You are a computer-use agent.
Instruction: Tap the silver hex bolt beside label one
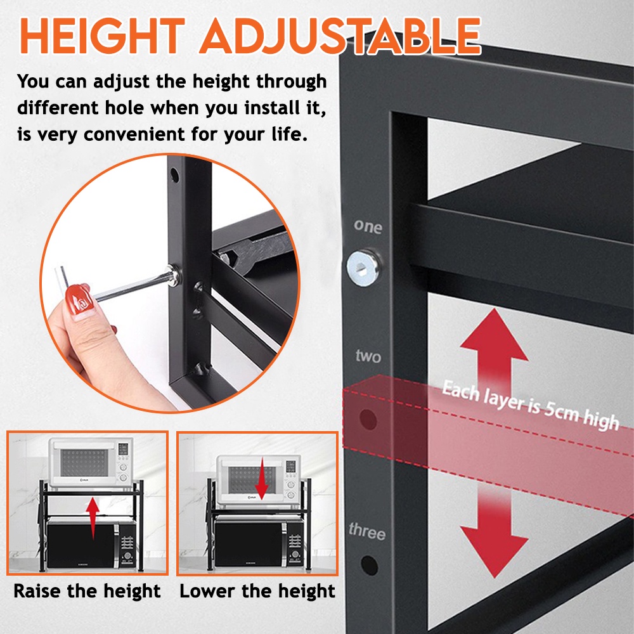[x=363, y=267]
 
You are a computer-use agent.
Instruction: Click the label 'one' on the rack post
[x=368, y=226]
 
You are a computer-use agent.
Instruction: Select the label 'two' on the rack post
[x=368, y=356]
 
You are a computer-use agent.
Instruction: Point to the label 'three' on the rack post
[x=366, y=531]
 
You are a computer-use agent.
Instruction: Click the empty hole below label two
[x=367, y=419]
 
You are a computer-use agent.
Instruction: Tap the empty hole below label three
[x=368, y=564]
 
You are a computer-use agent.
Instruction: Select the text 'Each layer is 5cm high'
[x=529, y=405]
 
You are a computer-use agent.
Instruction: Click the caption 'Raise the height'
[x=87, y=592]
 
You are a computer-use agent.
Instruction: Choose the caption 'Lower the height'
[x=257, y=592]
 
